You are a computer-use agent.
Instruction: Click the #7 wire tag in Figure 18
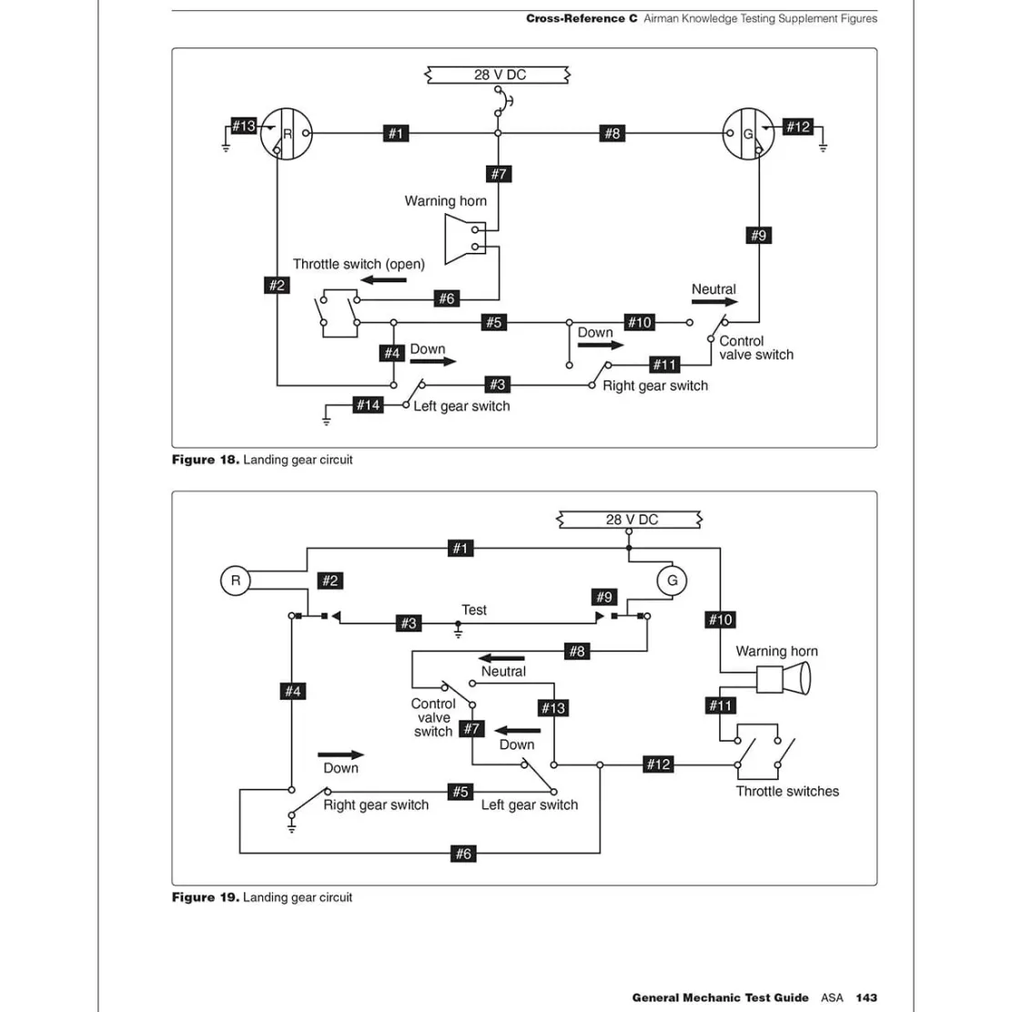tap(498, 174)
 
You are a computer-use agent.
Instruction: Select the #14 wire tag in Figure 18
tap(369, 405)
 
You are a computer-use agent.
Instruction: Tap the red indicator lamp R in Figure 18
tap(287, 134)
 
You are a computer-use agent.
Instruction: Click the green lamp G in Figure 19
tap(672, 581)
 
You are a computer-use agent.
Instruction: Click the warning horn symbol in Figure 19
tap(783, 679)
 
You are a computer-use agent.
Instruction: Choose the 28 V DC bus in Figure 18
tap(498, 75)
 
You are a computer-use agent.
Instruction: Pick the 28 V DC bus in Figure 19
tap(630, 520)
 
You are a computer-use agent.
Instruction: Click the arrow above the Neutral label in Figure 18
tap(714, 301)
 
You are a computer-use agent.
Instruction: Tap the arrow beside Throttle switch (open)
tap(383, 280)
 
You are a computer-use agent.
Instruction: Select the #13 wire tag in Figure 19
tap(553, 708)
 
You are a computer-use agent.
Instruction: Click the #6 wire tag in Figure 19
tap(463, 854)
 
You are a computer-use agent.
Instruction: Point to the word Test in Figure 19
tap(474, 610)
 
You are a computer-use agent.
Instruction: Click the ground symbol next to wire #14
tap(327, 420)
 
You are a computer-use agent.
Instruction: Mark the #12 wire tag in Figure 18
tap(798, 126)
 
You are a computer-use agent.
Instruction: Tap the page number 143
tap(866, 997)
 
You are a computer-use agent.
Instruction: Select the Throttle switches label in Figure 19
tap(787, 791)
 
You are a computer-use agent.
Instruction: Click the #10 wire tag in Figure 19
tap(720, 620)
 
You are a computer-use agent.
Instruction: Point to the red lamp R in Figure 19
tap(235, 581)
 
